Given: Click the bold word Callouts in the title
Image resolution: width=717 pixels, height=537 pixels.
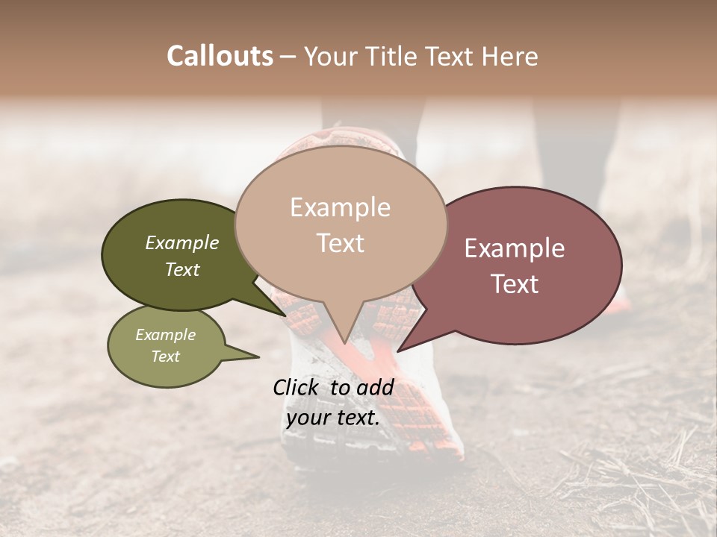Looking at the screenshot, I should [220, 56].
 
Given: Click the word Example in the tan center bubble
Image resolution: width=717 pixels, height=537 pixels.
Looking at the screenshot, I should [340, 207].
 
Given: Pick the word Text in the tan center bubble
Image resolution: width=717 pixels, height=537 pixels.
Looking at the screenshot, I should [340, 243].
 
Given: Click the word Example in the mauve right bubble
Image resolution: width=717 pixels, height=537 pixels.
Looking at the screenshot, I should [515, 248].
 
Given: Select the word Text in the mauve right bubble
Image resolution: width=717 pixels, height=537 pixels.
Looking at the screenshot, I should [515, 284].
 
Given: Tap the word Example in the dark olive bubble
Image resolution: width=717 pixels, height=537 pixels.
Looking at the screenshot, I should [182, 242].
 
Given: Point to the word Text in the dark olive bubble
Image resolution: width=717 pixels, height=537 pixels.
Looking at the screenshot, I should [182, 269].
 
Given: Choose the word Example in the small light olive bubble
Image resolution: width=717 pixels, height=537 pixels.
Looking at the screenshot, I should [166, 335].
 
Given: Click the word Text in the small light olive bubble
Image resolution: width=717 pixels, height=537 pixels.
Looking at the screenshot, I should [166, 357].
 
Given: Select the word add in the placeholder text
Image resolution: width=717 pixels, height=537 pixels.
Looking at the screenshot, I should [375, 387].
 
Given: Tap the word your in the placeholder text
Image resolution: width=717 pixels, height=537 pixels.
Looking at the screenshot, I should [308, 418].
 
